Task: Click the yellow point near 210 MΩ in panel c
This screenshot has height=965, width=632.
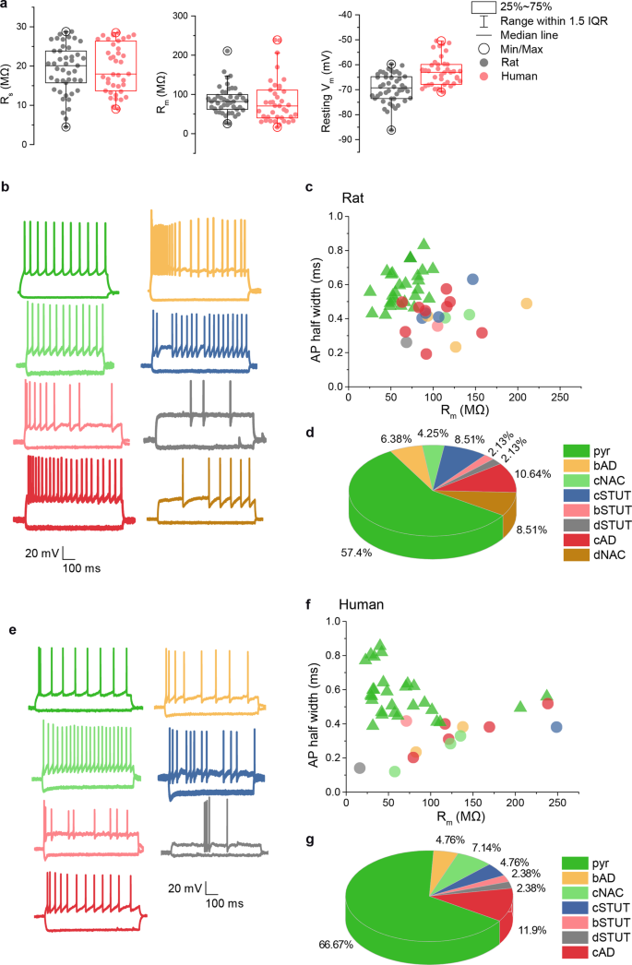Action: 527,303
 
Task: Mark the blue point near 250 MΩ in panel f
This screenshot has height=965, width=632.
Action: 556,727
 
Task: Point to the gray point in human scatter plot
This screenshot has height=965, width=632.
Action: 360,768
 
